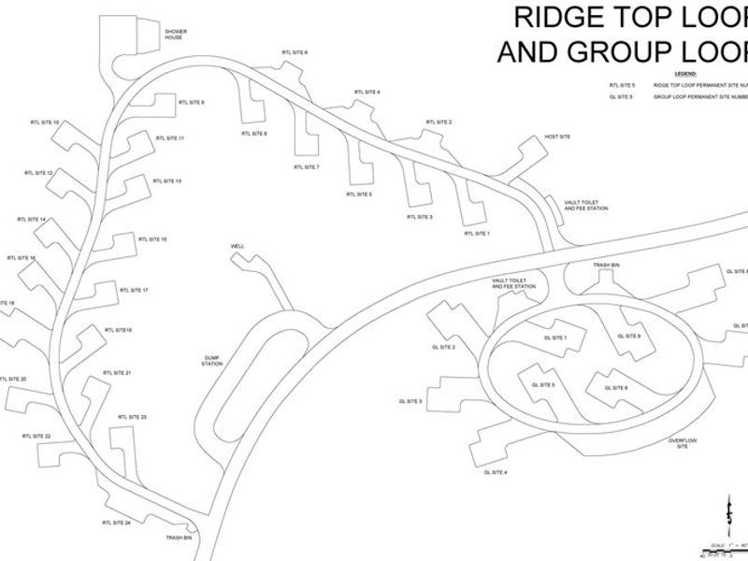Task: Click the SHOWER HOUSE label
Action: (176, 34)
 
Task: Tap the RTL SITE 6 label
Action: (295, 52)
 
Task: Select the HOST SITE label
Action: (557, 137)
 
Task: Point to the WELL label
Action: (237, 247)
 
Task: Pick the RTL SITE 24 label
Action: (116, 523)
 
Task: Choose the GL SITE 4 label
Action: (496, 473)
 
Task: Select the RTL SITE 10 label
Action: (44, 122)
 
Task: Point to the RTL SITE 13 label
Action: (165, 180)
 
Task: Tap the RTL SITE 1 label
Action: (477, 233)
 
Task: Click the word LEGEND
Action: (685, 73)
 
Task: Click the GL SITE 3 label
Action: (410, 402)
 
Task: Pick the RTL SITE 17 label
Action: (134, 291)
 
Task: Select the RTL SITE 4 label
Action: (367, 92)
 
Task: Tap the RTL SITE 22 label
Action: (36, 437)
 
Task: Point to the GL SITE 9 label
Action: (629, 336)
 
